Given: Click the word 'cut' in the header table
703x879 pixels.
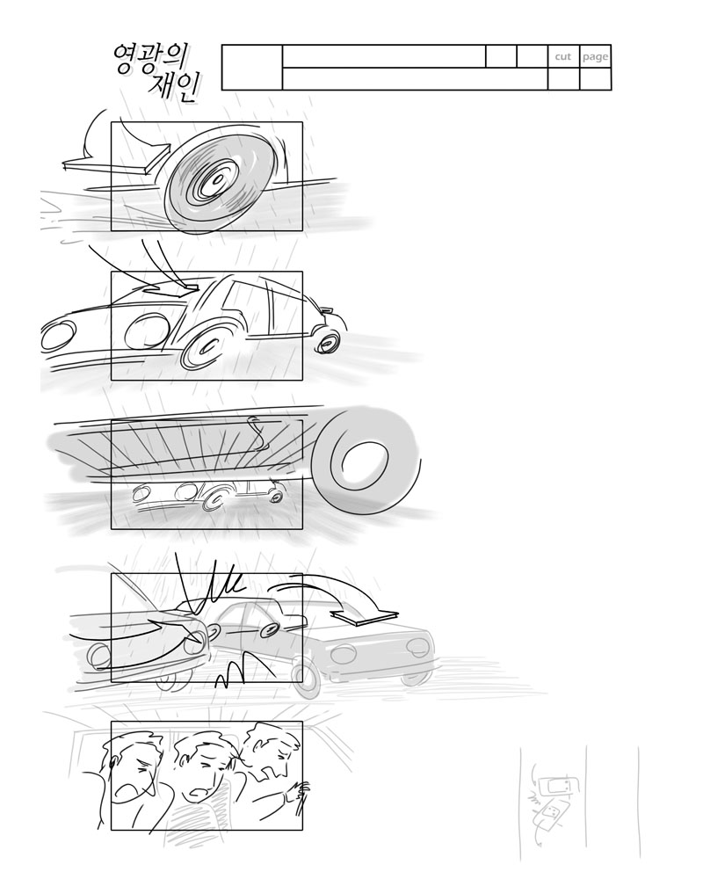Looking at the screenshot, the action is pos(563,56).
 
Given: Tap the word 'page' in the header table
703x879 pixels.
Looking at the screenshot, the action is pos(595,57).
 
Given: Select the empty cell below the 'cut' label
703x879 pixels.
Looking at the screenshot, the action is pos(563,79).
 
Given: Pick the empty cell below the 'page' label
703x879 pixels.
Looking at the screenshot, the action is pos(596,79).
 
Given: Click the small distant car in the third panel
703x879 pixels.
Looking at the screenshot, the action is pos(208,493).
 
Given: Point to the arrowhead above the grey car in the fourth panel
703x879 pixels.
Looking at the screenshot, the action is pos(365,616).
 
